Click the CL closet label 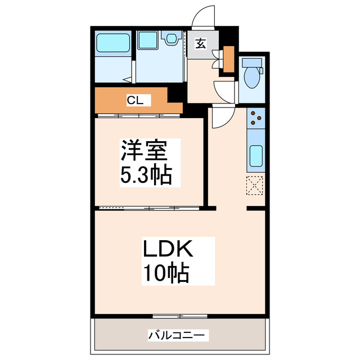pos(135,101)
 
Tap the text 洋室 pos(142,152)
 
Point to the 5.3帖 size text pos(145,176)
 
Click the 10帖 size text pos(164,274)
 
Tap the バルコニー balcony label pos(178,335)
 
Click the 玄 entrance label pos(200,42)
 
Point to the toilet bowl pos(253,79)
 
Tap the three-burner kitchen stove pos(255,118)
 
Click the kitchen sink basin pos(255,155)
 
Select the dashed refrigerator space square pos(255,185)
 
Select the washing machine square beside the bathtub pos(148,40)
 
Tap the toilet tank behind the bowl pos(253,64)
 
